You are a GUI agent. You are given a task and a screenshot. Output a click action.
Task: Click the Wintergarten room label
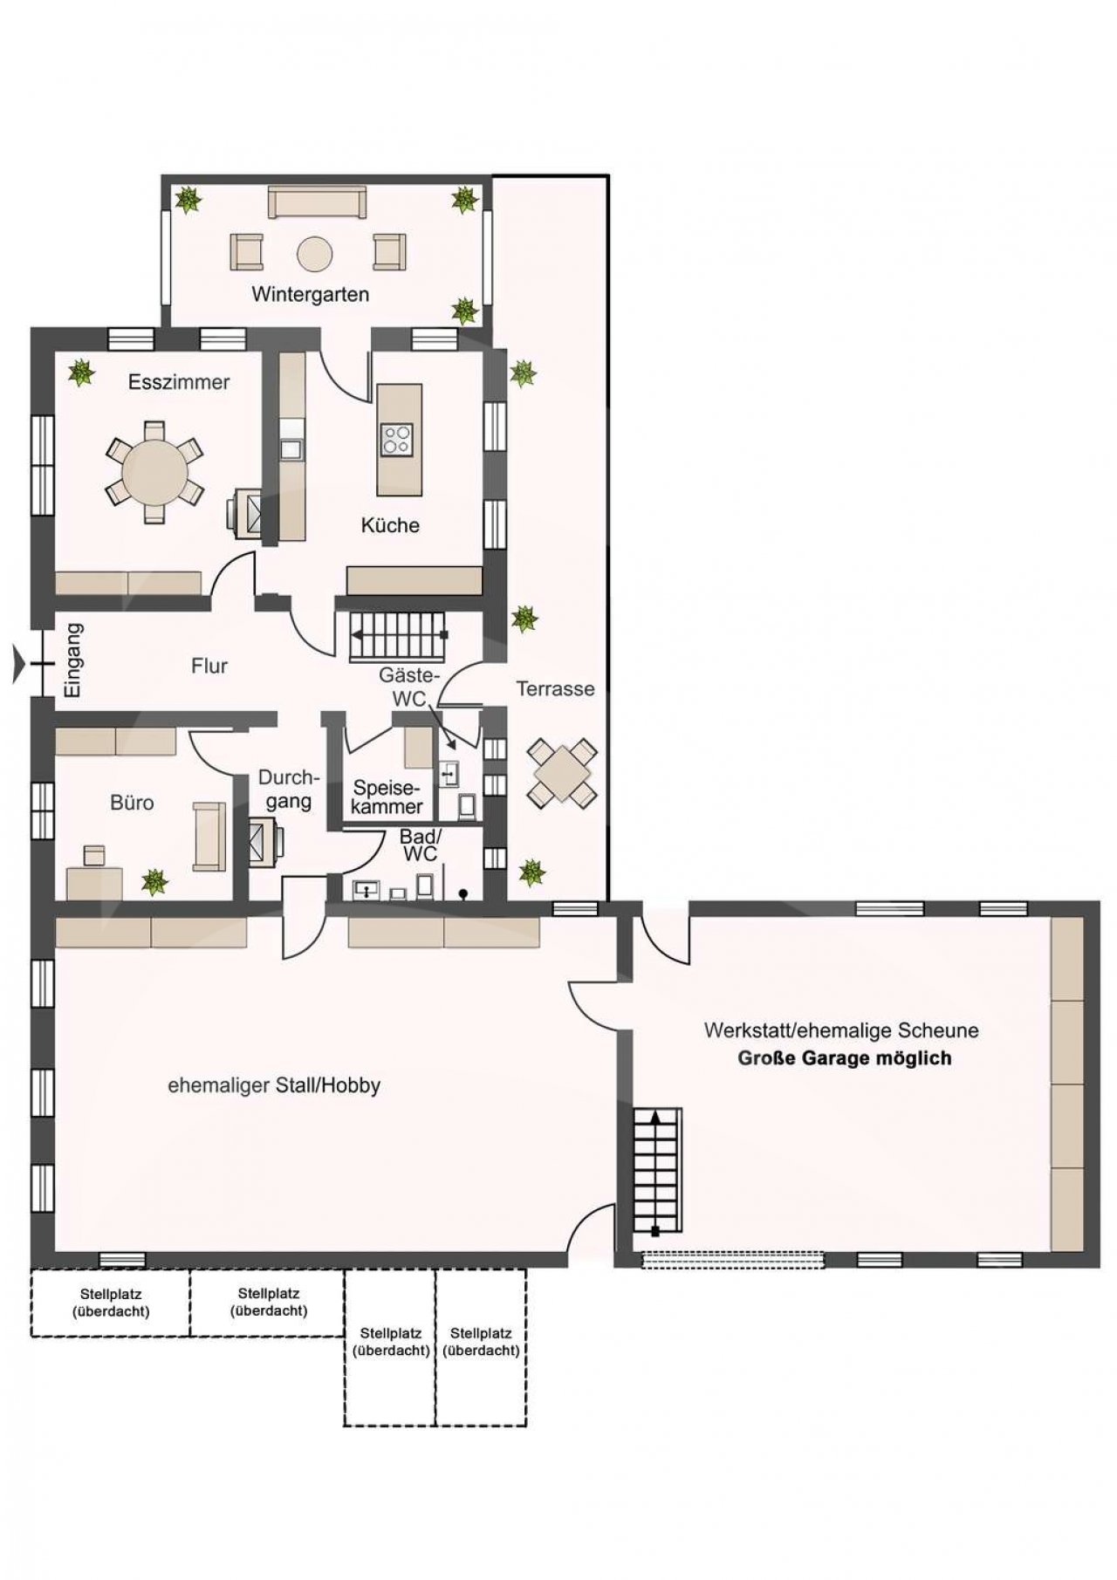coord(310,295)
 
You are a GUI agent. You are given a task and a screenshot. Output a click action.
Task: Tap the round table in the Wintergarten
coord(315,254)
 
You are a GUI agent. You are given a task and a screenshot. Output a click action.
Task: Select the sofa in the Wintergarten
coord(317,202)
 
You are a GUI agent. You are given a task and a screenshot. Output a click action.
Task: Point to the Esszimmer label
coord(179,382)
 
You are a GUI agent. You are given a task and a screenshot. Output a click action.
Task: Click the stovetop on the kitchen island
coord(397,439)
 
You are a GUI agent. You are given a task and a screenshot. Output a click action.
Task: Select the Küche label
coord(390,525)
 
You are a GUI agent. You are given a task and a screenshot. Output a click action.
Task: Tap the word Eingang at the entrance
coord(74,660)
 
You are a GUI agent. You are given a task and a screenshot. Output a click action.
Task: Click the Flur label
coord(209,667)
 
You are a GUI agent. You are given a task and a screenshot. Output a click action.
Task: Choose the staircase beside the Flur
coord(398,636)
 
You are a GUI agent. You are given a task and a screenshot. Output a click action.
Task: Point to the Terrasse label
coord(555,688)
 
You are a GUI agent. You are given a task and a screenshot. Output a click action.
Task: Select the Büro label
coord(132,803)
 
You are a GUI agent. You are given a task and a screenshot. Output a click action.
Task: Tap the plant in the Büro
coord(154,881)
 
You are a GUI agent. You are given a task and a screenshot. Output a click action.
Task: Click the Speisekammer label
coord(387,797)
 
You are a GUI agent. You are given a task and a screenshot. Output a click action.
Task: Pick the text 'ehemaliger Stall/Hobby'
coord(274,1086)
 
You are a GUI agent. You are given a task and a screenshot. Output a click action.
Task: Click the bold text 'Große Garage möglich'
coord(845,1058)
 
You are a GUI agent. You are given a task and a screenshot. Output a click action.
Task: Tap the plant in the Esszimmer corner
coord(82,373)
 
